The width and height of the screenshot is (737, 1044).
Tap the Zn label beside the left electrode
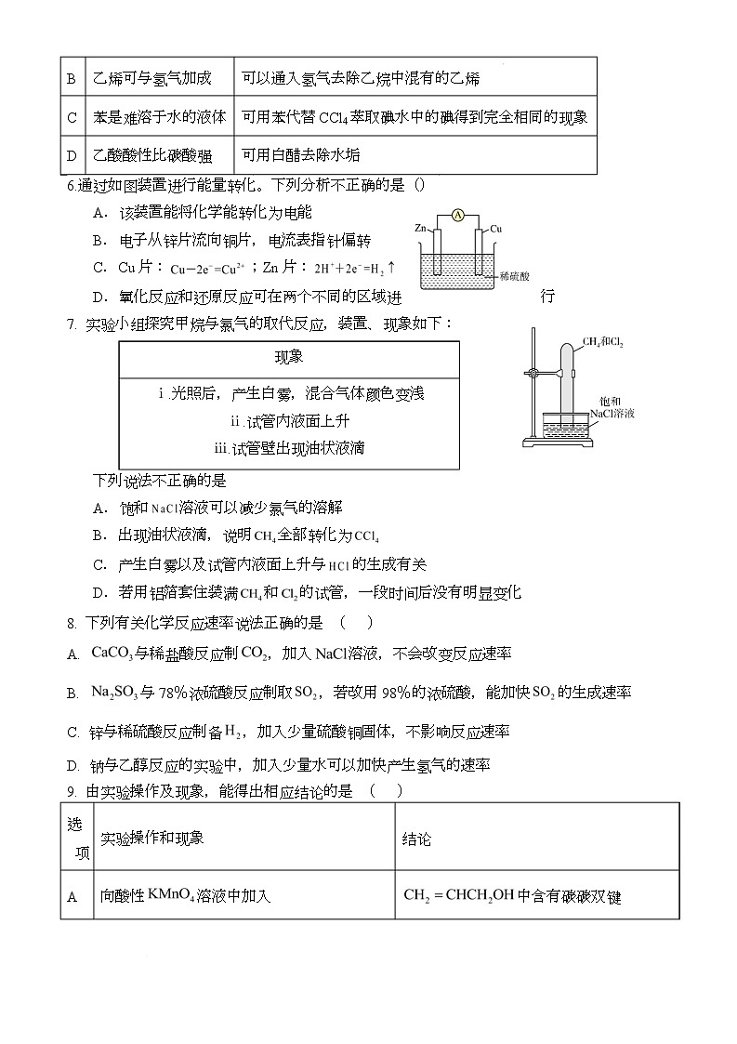421,228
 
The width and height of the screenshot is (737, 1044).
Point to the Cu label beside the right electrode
496,228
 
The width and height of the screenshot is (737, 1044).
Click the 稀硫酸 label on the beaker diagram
514,276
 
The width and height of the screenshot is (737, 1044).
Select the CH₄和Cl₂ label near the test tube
604,342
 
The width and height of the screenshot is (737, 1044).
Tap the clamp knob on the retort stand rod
531,374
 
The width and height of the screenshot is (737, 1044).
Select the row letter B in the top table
71,78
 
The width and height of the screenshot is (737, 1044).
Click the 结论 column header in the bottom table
416,839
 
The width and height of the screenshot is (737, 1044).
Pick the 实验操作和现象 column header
151,839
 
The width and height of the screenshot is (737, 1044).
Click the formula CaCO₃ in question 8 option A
111,654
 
